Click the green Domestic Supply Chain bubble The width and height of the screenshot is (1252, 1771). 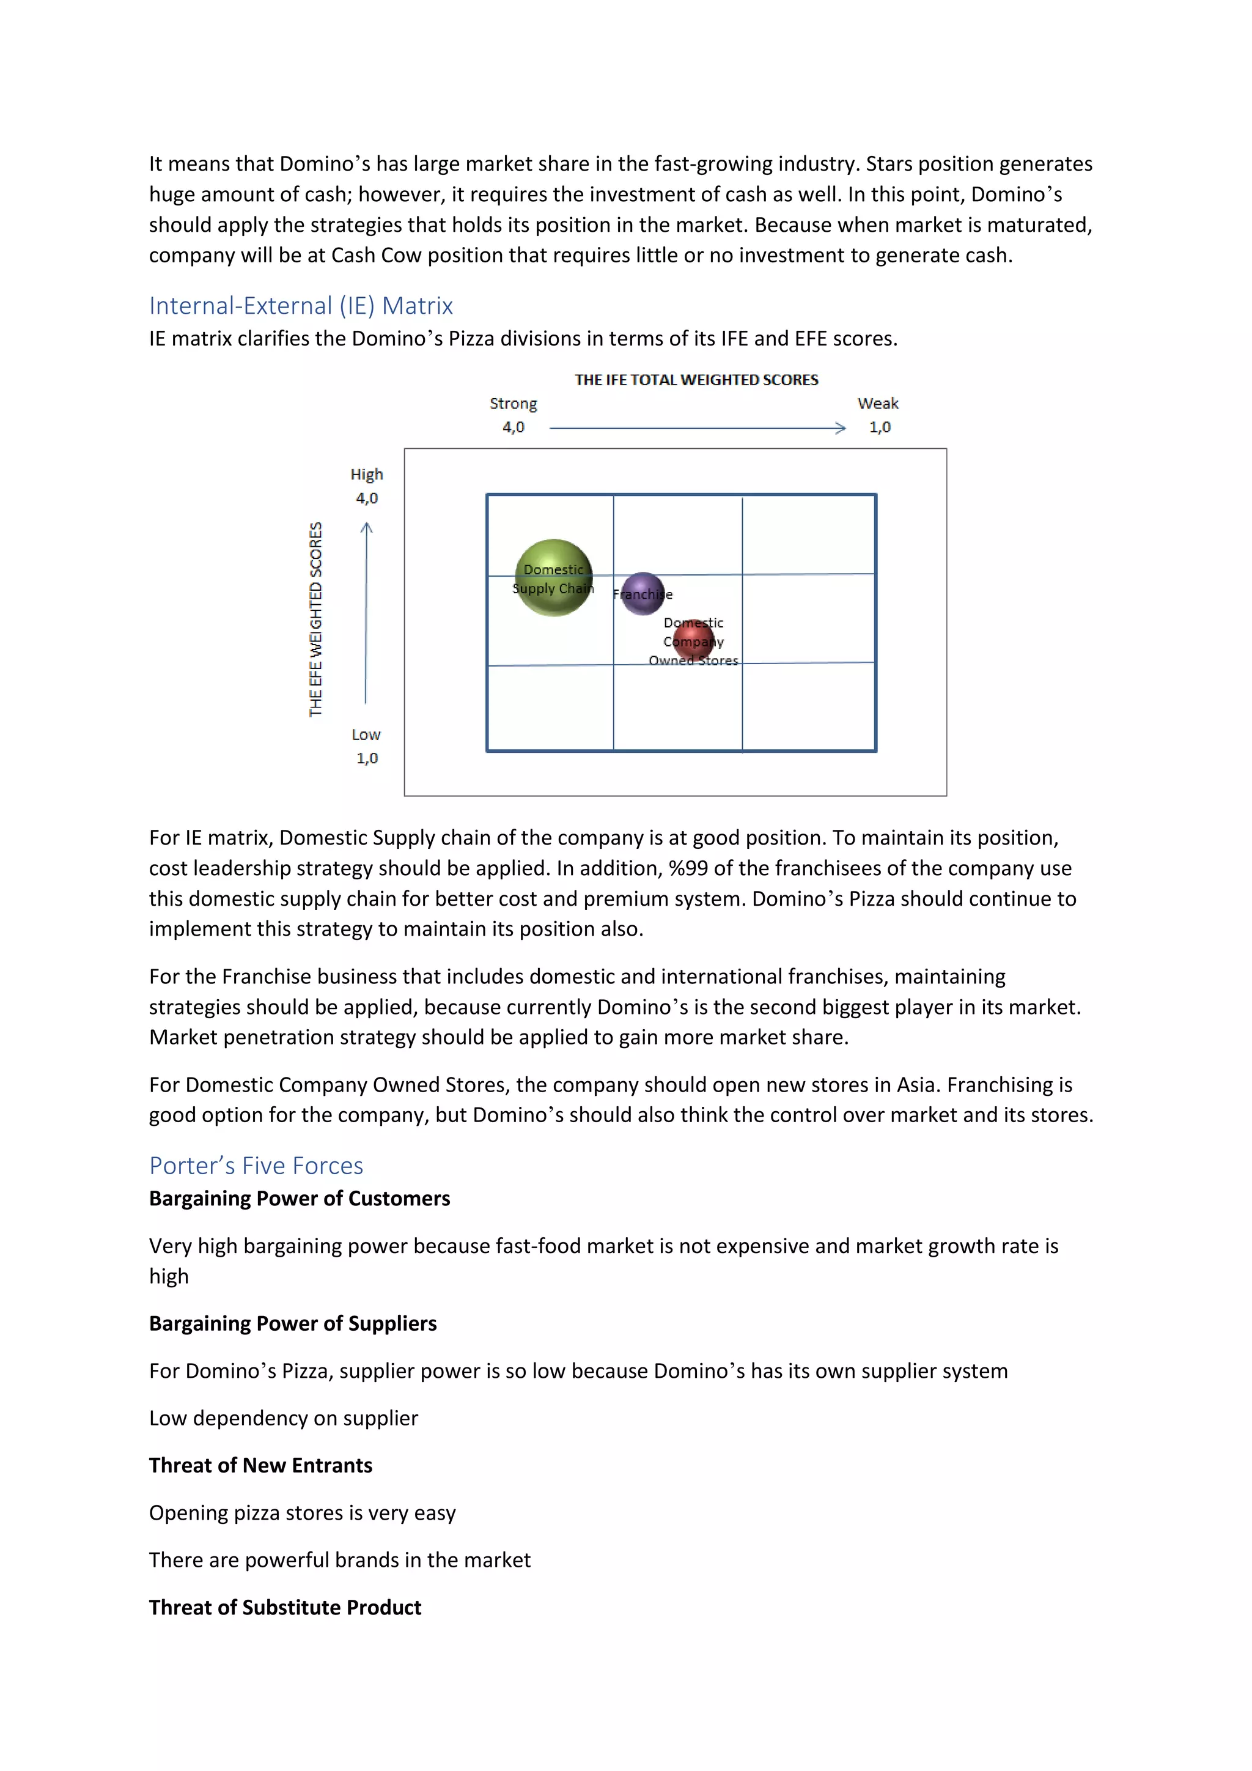click(553, 577)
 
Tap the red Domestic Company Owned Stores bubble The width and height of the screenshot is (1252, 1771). click(694, 640)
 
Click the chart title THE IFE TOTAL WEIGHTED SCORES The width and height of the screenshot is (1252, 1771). click(696, 380)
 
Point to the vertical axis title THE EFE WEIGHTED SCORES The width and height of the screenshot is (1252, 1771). click(315, 619)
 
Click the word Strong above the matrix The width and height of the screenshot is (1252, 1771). click(513, 404)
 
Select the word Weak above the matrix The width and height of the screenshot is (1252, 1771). click(877, 404)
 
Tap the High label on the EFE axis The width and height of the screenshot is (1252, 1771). click(366, 475)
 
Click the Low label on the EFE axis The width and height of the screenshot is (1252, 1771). click(366, 734)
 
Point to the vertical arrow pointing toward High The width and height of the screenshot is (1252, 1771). click(366, 613)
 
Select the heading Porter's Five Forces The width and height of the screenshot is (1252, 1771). click(256, 1166)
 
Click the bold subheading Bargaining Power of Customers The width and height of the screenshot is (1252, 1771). click(299, 1198)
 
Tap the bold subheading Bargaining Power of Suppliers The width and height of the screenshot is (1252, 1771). click(293, 1323)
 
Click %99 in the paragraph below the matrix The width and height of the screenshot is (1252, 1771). click(688, 868)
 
